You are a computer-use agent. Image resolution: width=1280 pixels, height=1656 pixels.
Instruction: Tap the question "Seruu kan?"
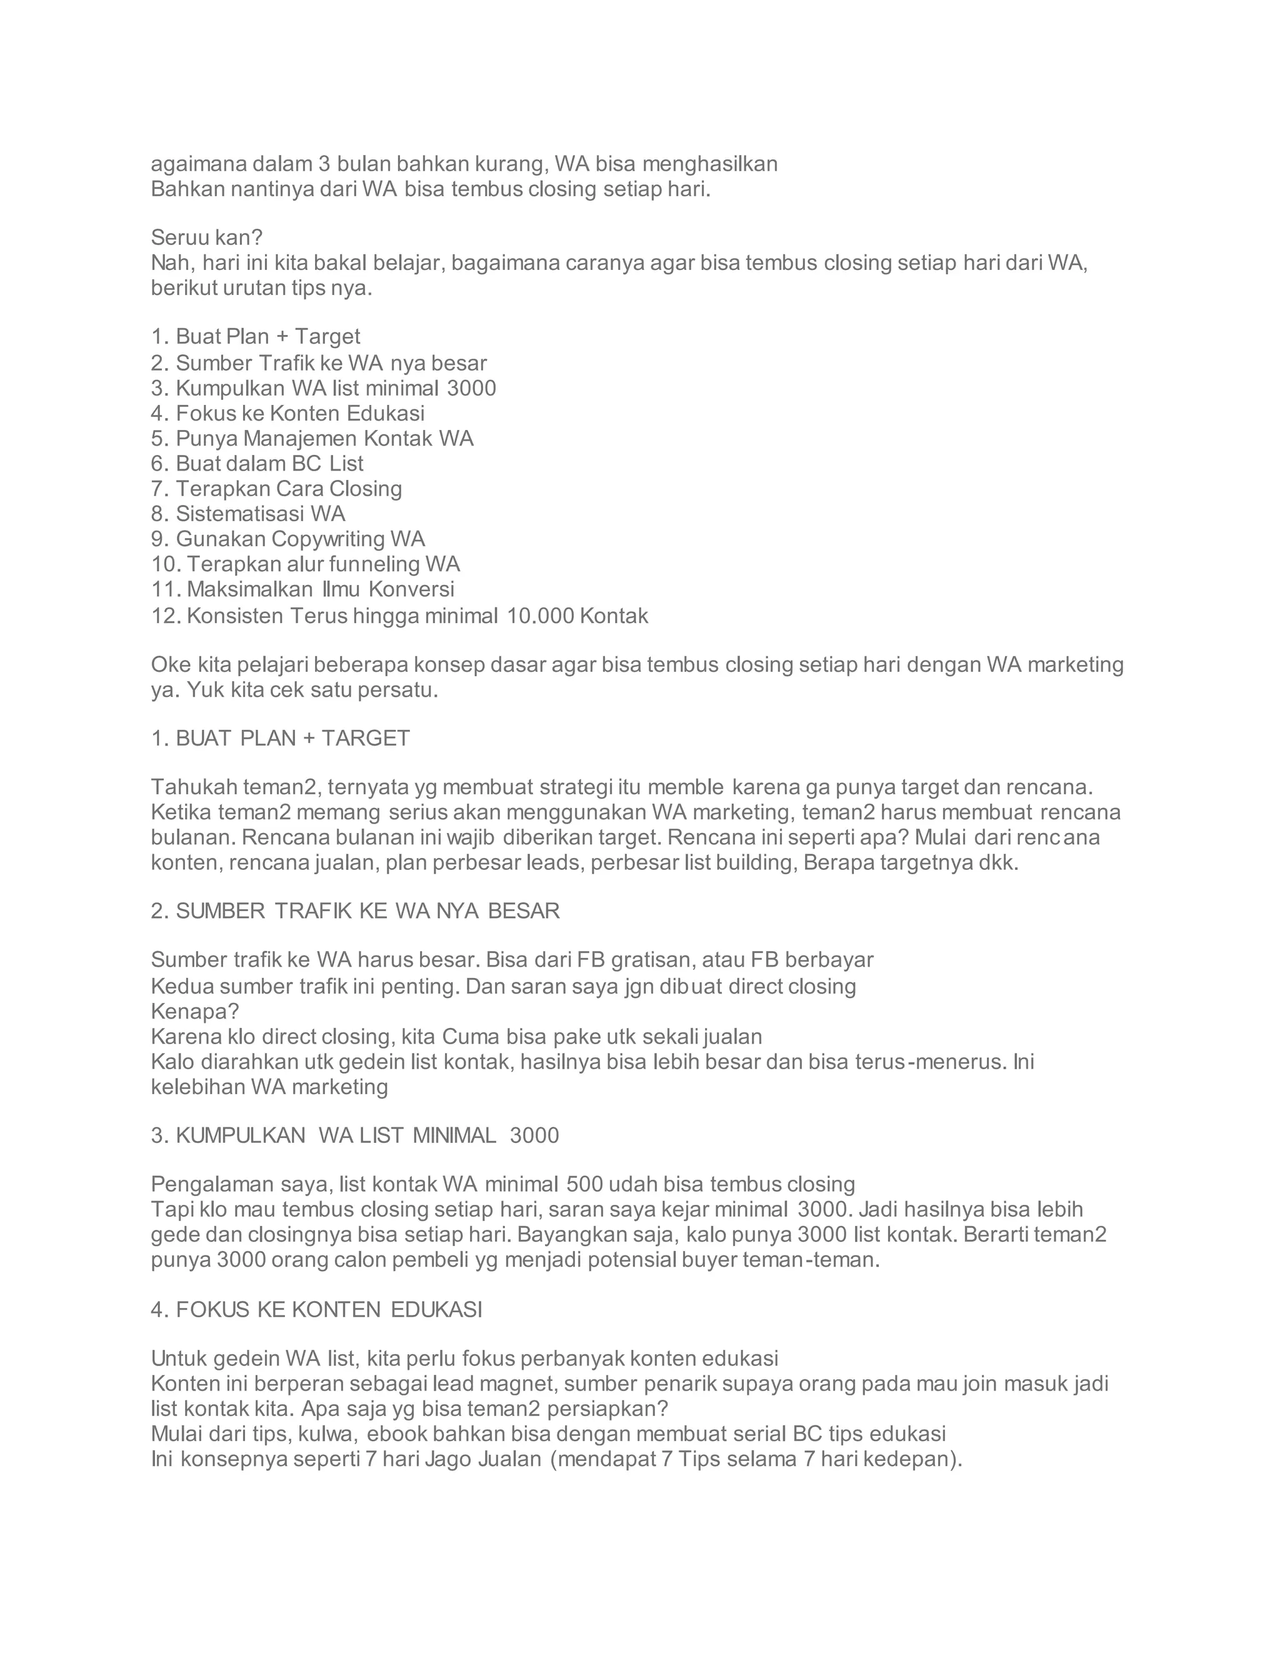(x=206, y=237)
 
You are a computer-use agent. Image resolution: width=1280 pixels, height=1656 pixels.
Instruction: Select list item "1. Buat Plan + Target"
(x=256, y=336)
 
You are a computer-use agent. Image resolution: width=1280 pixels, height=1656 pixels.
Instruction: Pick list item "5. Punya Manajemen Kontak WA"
(x=312, y=438)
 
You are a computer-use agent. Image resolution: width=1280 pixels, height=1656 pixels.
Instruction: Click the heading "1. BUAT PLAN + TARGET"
(x=281, y=738)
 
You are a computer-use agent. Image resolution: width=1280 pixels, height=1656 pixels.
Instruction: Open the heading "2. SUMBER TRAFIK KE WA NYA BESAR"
(x=355, y=910)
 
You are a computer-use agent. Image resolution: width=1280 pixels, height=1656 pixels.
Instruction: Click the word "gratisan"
(x=651, y=960)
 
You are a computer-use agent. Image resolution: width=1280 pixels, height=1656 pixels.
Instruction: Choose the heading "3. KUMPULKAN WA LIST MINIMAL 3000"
(x=355, y=1135)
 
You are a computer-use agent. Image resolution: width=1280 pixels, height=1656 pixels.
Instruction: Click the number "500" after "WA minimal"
(x=584, y=1184)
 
